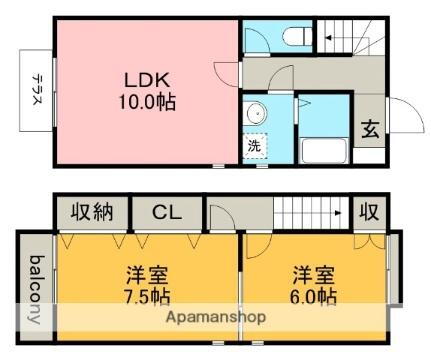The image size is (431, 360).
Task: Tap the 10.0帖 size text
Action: pos(148,102)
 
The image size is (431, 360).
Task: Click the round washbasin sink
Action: pos(255,112)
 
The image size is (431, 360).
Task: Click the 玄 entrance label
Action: pos(368,128)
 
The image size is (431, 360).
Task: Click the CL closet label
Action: pos(167,212)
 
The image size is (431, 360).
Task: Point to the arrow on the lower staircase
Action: pos(341,212)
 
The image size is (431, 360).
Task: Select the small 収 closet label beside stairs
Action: pos(368,212)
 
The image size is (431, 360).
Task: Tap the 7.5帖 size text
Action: pos(146,297)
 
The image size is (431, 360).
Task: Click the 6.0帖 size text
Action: pos(314,297)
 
